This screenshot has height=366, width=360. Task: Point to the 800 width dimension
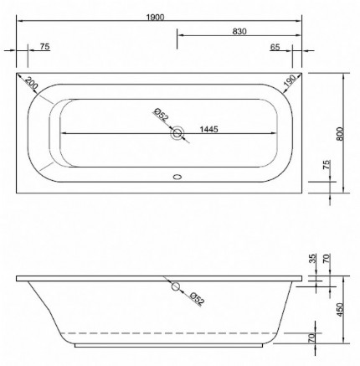339,134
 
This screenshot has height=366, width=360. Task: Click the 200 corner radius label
32,85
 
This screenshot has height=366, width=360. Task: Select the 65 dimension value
275,47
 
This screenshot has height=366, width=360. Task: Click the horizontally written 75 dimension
44,47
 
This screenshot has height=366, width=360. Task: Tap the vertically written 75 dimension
326,167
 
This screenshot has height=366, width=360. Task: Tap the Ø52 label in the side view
193,297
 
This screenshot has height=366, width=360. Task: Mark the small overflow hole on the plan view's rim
176,177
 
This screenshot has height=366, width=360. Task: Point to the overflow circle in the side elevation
174,287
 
